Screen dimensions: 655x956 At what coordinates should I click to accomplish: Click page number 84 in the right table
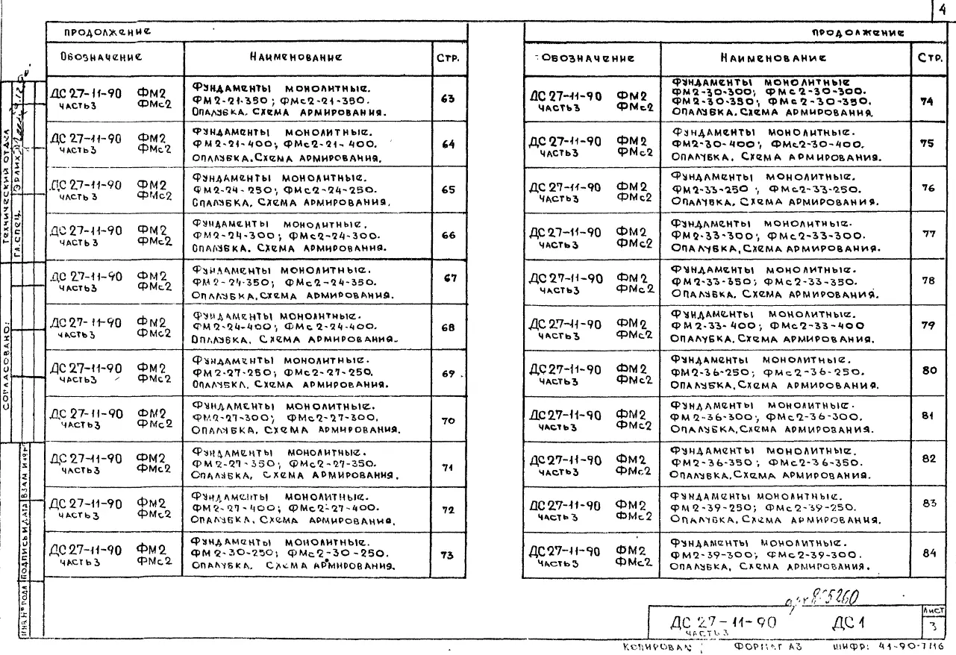coord(928,553)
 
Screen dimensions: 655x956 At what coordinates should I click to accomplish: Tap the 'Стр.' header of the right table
coord(928,57)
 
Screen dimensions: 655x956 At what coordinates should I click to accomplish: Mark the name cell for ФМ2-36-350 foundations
coord(787,462)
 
